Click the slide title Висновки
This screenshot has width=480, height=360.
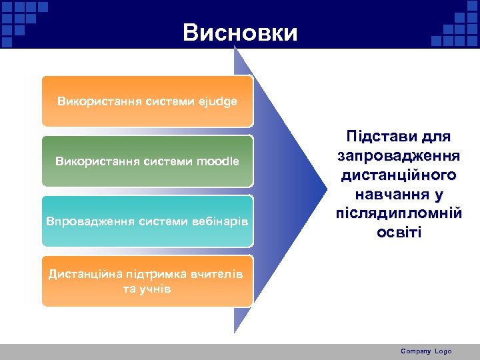240,33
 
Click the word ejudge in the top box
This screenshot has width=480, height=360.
217,102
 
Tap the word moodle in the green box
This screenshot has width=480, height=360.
217,161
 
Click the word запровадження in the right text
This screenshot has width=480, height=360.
399,156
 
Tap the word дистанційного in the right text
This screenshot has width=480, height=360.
399,175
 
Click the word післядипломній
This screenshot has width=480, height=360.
399,214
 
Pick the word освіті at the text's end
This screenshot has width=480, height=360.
399,233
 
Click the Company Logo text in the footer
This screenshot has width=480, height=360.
426,351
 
